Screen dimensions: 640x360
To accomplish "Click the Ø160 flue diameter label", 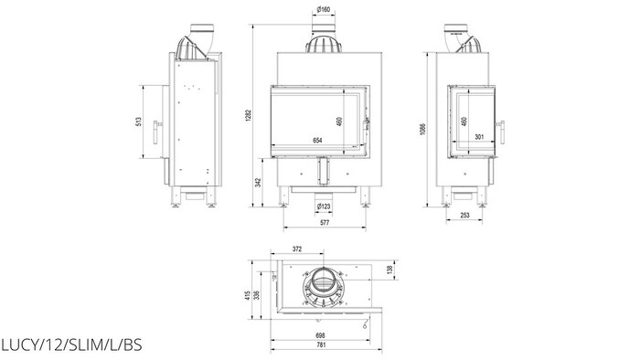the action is click(324, 9).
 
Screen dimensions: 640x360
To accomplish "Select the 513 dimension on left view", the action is click(139, 122).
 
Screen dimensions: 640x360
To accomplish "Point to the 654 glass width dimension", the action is click(317, 141).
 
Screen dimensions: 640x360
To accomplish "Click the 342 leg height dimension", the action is click(258, 182).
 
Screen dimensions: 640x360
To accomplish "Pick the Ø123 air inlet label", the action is click(324, 206).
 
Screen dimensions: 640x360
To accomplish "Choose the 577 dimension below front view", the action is click(325, 223).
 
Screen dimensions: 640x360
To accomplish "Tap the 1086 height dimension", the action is click(422, 130).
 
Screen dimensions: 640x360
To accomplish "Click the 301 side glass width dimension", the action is click(479, 137).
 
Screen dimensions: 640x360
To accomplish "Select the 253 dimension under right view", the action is click(464, 216).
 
